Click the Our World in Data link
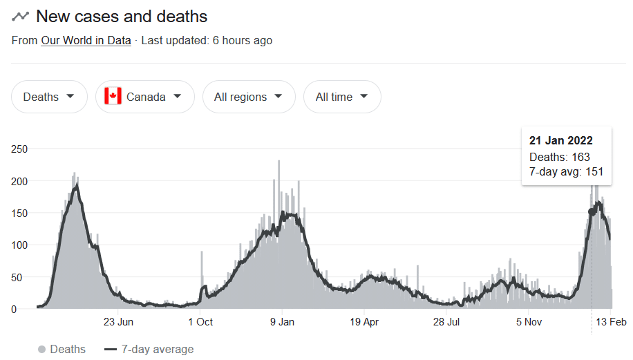point(86,40)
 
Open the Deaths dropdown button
point(49,97)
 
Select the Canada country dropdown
point(145,97)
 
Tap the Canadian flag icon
point(113,97)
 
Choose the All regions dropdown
point(249,97)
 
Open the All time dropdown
point(342,97)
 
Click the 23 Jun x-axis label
point(118,322)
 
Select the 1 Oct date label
point(200,322)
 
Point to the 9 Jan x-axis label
point(282,322)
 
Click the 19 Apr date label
point(364,322)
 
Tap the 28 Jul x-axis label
point(446,322)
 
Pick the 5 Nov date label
point(529,322)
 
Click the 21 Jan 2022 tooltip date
point(560,140)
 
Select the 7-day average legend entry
point(149,349)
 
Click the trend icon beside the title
point(20,17)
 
